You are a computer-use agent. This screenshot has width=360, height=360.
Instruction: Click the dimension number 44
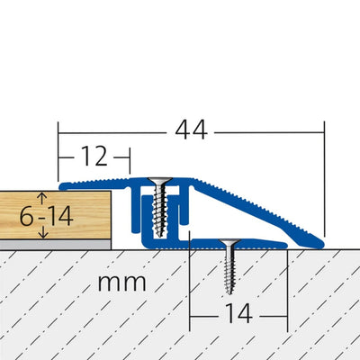[190, 130]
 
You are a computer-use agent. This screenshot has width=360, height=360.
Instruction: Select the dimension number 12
[94, 157]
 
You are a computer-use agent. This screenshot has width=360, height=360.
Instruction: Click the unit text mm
[121, 282]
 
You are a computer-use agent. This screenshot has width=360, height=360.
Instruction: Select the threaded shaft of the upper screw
[160, 211]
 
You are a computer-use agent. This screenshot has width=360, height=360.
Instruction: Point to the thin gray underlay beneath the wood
[54, 243]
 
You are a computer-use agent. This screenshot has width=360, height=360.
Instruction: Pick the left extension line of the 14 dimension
[190, 288]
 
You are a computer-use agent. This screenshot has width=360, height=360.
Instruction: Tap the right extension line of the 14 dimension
[287, 288]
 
